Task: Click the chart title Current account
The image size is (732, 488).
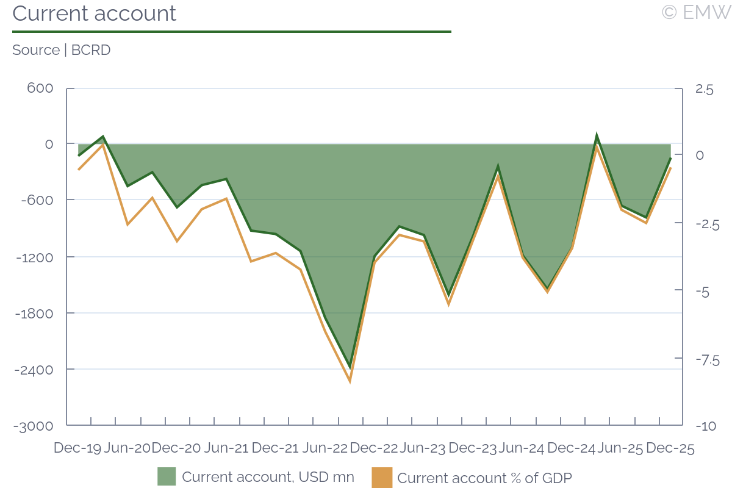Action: (95, 13)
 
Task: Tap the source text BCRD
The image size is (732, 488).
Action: (91, 50)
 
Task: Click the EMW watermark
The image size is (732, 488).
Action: (696, 12)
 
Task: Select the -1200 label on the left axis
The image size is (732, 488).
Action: (35, 257)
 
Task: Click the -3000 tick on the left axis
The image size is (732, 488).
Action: (35, 426)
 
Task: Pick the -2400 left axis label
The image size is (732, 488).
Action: (35, 370)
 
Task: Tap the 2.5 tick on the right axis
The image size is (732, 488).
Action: (704, 90)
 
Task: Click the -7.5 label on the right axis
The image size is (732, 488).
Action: (706, 360)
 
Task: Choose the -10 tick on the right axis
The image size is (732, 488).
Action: (705, 426)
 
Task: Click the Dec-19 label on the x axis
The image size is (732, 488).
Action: (77, 448)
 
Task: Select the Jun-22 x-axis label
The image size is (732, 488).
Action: (325, 448)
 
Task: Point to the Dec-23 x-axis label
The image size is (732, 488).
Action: (473, 448)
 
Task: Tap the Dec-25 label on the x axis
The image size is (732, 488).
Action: (670, 448)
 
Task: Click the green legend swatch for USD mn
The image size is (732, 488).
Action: (167, 476)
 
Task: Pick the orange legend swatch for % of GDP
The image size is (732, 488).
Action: (382, 476)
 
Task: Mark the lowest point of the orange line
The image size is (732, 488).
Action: (350, 382)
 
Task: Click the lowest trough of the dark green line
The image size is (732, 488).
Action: (350, 367)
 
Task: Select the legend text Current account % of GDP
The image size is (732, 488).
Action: (484, 478)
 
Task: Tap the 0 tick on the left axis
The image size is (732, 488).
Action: (49, 144)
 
